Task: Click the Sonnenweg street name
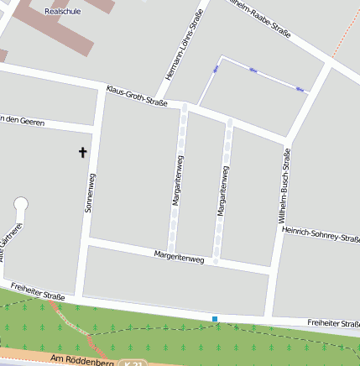pyautogui.click(x=91, y=192)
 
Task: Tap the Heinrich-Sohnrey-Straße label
pyautogui.click(x=321, y=234)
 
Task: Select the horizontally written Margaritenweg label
pyautogui.click(x=180, y=257)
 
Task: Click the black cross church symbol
pyautogui.click(x=82, y=152)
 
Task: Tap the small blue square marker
pyautogui.click(x=215, y=319)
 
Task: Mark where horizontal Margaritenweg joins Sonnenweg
pyautogui.click(x=86, y=242)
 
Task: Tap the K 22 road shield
pyautogui.click(x=130, y=363)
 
